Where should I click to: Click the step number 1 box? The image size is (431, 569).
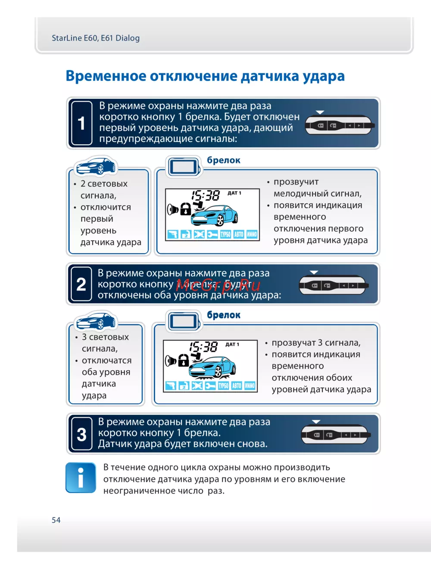click(81, 123)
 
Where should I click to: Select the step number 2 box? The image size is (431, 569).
click(81, 284)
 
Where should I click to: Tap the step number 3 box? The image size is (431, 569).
click(81, 434)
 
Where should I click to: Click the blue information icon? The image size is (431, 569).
click(81, 478)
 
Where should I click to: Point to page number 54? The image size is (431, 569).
click(56, 520)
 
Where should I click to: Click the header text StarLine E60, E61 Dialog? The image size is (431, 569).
click(96, 38)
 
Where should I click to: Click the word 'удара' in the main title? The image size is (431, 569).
click(323, 76)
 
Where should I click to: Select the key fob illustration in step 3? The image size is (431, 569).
click(334, 435)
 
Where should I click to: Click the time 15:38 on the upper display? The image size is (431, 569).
click(206, 195)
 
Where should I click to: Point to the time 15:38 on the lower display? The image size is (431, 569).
click(204, 347)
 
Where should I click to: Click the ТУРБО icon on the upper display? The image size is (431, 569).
click(225, 234)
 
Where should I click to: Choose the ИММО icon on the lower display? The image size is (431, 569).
click(250, 386)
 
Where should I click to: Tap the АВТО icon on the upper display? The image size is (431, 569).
click(239, 234)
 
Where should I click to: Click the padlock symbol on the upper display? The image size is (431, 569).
click(185, 209)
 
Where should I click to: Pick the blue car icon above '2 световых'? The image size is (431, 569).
click(95, 166)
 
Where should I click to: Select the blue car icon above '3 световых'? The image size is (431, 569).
click(95, 321)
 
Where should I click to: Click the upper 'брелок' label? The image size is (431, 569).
click(224, 160)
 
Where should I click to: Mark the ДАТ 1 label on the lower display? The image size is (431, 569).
click(232, 344)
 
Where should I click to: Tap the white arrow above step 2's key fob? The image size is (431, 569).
click(314, 272)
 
